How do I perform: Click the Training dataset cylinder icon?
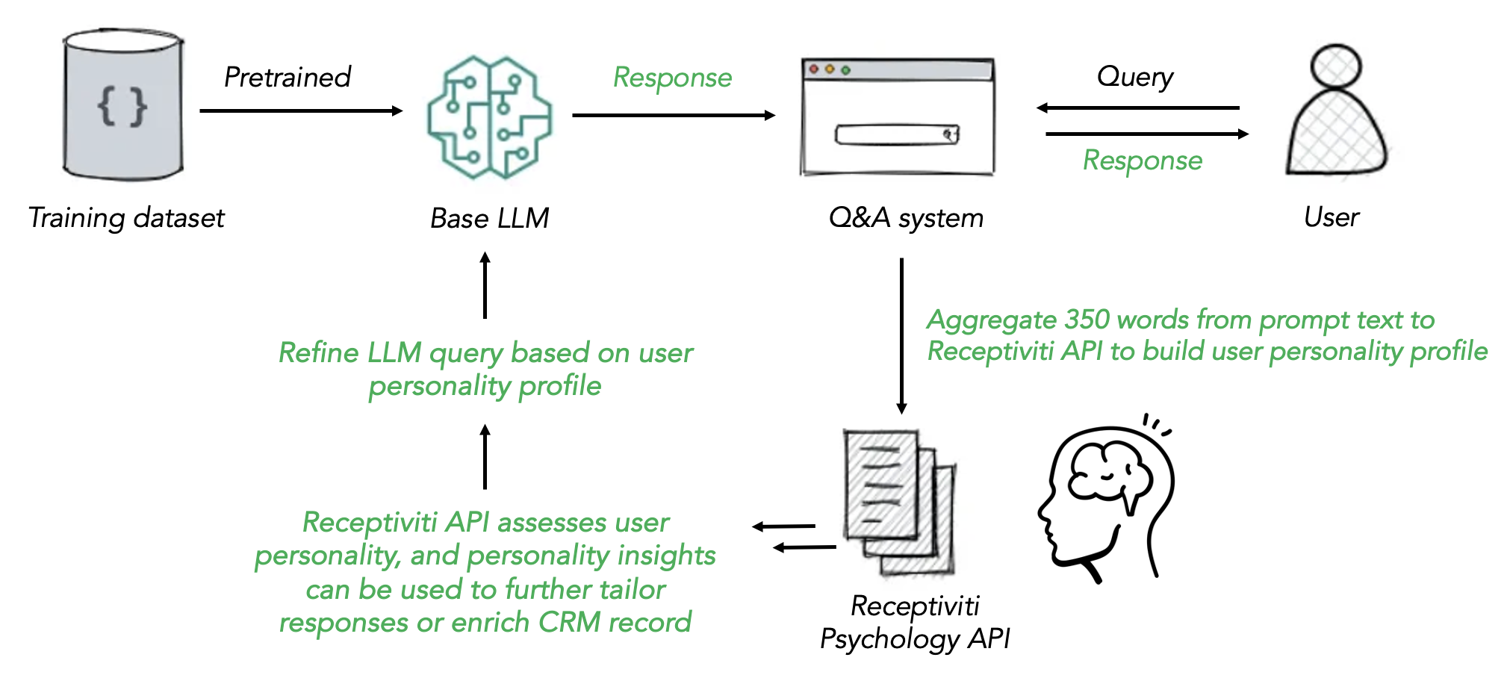[123, 105]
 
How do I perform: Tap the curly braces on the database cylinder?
[122, 106]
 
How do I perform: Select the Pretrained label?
[288, 77]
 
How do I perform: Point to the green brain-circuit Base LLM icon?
[489, 117]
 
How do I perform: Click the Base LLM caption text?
[489, 218]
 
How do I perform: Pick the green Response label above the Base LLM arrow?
[672, 78]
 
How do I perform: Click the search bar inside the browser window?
[896, 135]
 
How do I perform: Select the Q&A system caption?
[906, 218]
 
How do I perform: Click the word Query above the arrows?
[1135, 77]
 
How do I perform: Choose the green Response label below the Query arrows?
[1143, 161]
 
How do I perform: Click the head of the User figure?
[1337, 66]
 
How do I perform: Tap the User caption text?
[1332, 217]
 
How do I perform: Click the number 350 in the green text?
[1088, 320]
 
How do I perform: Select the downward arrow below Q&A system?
[902, 336]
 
